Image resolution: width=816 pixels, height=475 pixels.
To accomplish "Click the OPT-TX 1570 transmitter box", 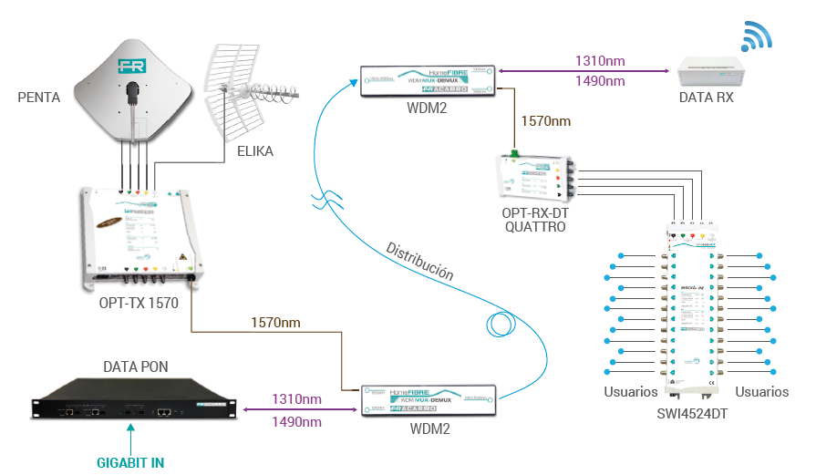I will (139, 235).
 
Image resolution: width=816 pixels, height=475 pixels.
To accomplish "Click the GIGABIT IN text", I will (130, 461).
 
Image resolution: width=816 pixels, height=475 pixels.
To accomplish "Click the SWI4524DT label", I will (693, 412).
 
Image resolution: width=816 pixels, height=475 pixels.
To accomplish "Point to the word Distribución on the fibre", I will (418, 260).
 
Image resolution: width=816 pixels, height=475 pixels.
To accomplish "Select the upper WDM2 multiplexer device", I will (427, 80).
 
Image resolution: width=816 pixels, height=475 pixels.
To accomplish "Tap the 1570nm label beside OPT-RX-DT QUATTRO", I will (546, 120).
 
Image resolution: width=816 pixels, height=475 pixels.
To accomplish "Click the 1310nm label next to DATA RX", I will (599, 62).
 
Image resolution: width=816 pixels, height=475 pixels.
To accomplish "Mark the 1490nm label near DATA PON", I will (296, 421).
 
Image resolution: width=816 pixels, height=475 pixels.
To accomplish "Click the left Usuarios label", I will (630, 392).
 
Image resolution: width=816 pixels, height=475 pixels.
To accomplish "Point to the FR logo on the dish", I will (132, 67).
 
